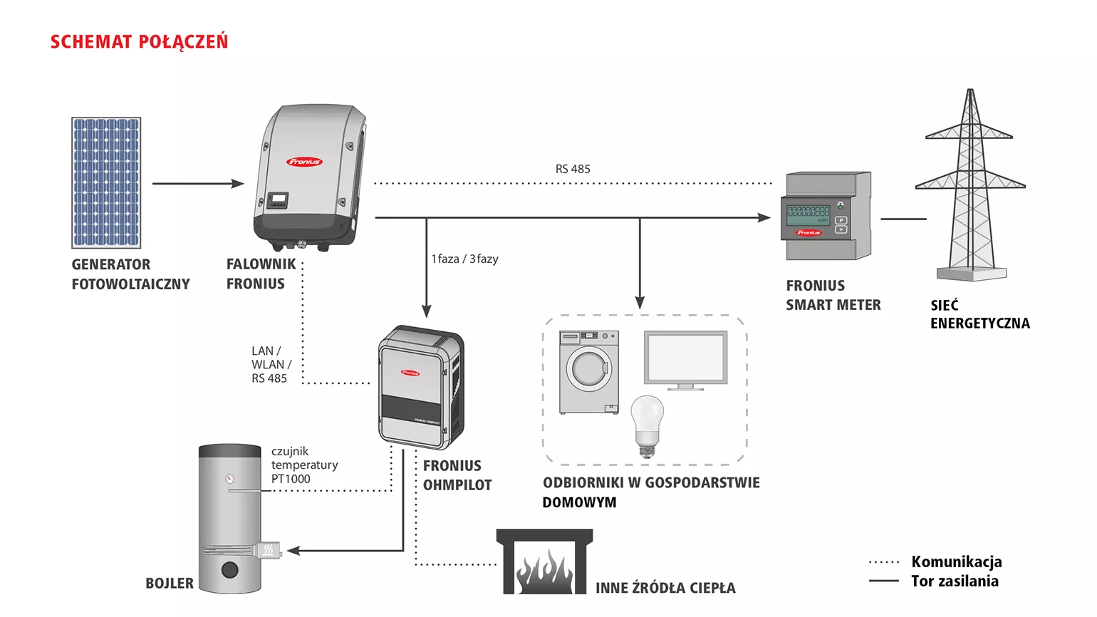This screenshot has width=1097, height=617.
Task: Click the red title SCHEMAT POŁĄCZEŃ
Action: point(140,41)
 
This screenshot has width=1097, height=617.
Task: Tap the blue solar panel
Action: point(106,182)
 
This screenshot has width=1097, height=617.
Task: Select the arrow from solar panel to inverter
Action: point(198,184)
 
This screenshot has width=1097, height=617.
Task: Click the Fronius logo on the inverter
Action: point(304,162)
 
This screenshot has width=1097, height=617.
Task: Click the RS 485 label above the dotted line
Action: point(573,169)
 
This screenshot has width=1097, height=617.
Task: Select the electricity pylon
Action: point(971,185)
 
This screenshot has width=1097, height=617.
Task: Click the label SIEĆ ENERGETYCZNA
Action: point(980,314)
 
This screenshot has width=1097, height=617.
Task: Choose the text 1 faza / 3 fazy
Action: point(464,259)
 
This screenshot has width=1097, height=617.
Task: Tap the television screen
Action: point(685,358)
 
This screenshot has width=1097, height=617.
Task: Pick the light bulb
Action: point(647,427)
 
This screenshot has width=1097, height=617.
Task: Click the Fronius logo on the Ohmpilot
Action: point(410,373)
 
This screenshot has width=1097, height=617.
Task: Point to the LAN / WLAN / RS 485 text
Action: point(271,365)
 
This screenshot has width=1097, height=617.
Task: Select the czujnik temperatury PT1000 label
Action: point(305,465)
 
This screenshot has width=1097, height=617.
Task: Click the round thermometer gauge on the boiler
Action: point(229,479)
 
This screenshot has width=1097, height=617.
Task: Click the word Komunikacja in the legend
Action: point(957,561)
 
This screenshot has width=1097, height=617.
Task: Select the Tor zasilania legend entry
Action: point(934,581)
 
